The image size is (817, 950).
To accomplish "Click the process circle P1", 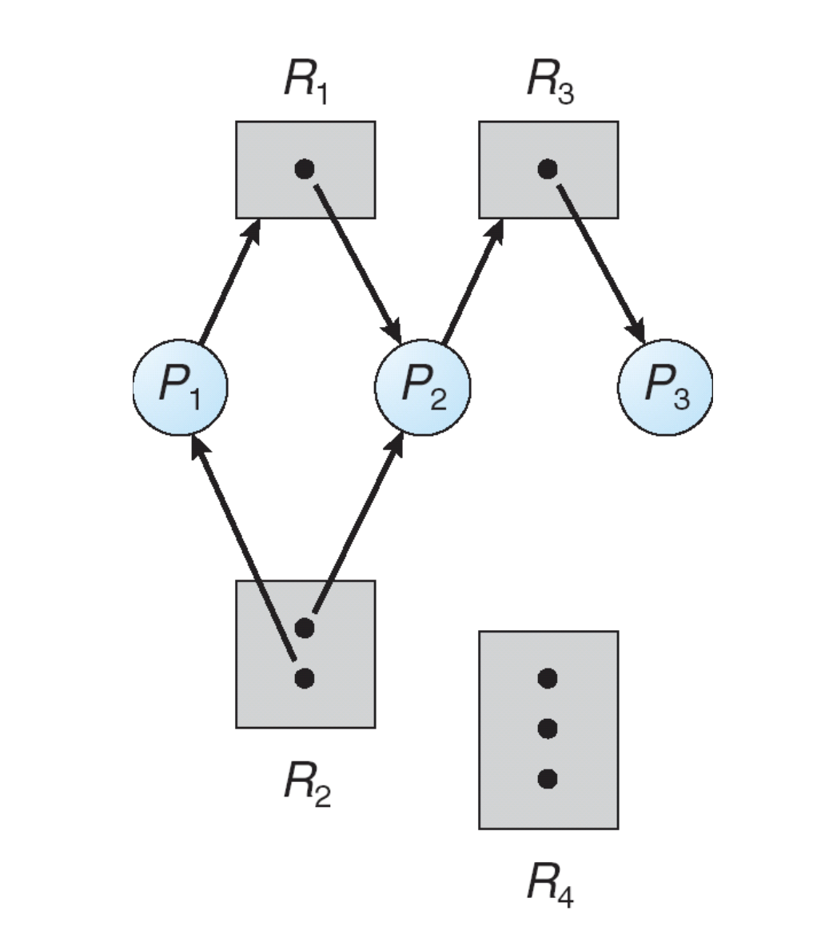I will point(181,386).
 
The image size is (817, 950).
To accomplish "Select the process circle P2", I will point(423,386).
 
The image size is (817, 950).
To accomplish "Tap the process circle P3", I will point(665,386).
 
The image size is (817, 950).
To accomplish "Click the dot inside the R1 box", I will point(305,169).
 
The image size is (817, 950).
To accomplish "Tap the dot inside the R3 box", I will point(548,169).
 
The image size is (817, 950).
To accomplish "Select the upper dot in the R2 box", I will point(305,628).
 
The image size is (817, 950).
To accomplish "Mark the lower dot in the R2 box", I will point(305,678).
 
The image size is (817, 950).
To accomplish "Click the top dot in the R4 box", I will point(548,678).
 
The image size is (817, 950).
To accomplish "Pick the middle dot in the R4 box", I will point(548,728).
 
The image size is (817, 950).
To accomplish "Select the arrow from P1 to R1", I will point(229,281).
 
